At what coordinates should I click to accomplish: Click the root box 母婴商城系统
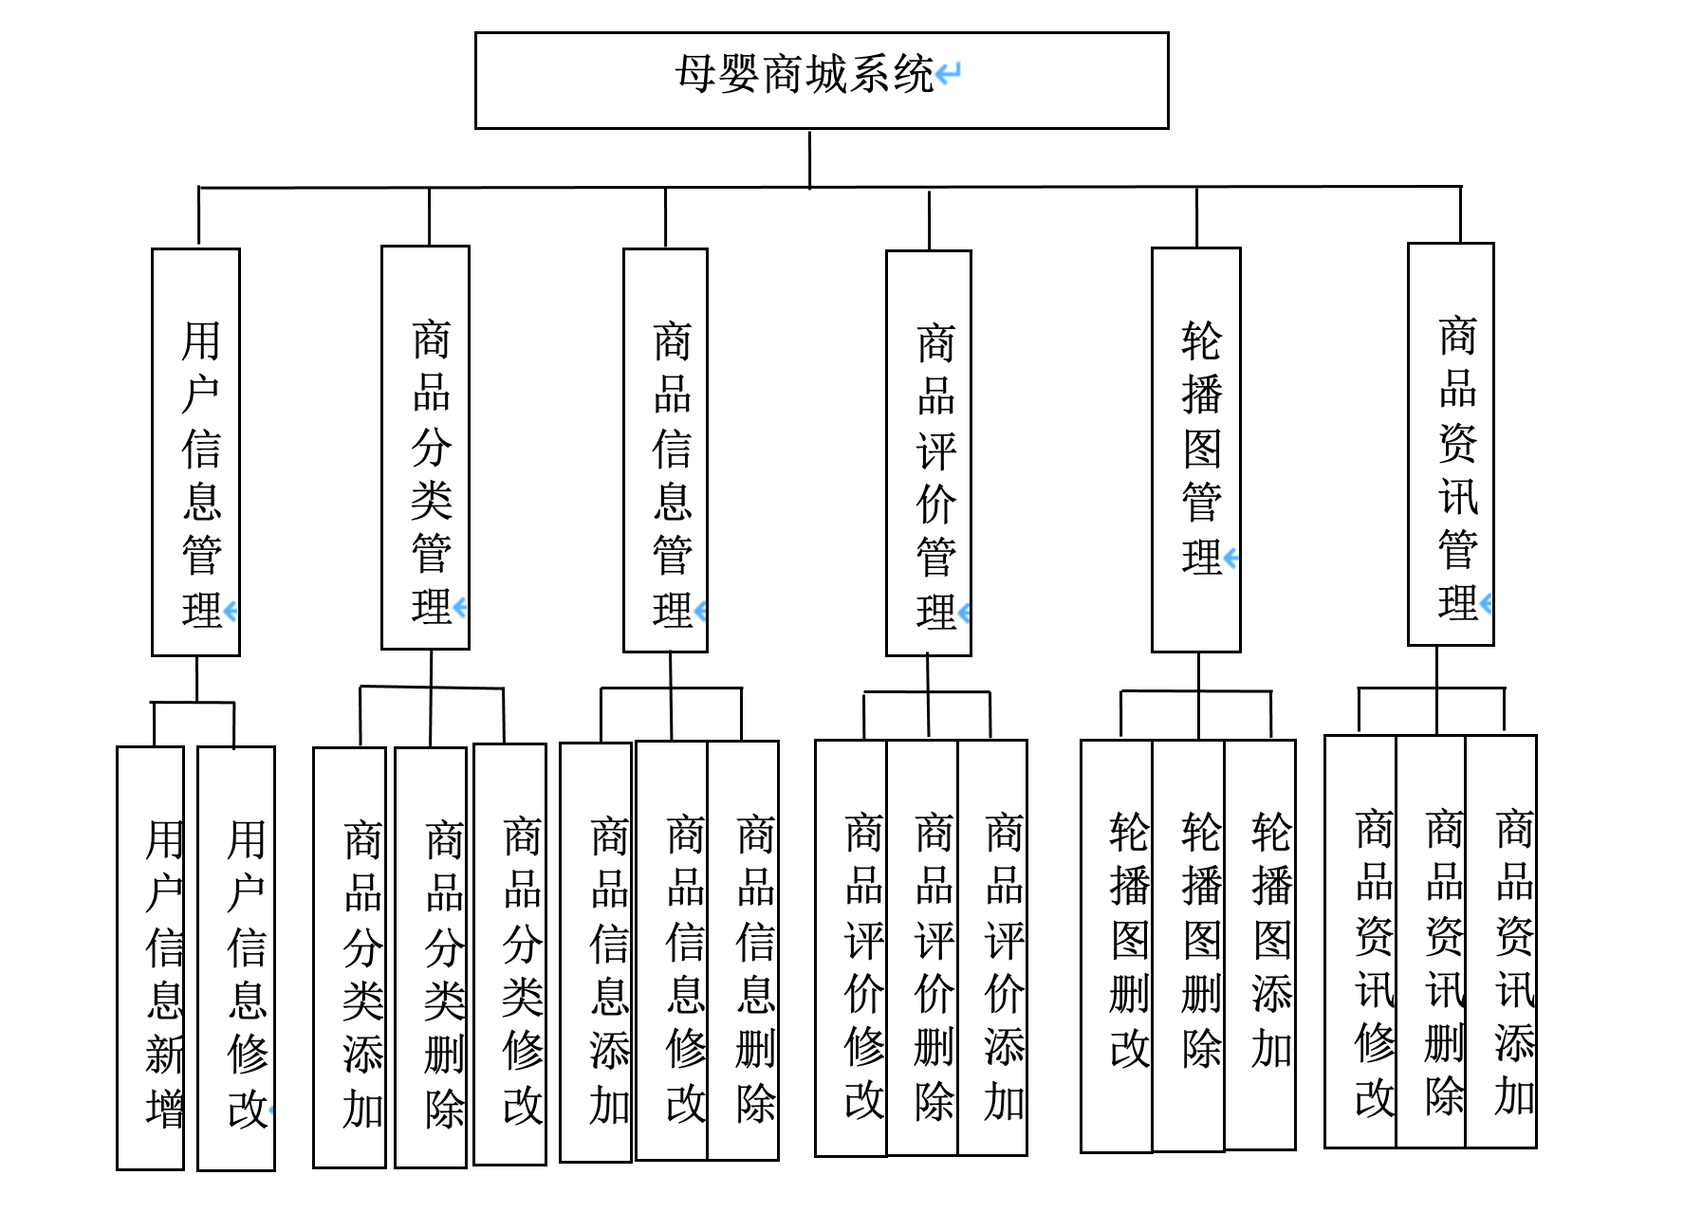tap(822, 81)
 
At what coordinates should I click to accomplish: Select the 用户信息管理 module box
tap(196, 452)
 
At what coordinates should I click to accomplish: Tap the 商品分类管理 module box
tap(425, 448)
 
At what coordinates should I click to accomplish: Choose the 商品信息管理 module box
tap(665, 450)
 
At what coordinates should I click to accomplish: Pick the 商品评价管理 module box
tap(929, 453)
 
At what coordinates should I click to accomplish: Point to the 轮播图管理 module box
tap(1196, 450)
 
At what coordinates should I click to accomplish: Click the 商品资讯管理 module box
tap(1451, 445)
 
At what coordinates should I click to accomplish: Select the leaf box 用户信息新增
tap(150, 958)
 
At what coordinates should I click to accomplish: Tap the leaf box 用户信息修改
tap(236, 958)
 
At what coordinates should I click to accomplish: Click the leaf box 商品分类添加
tap(350, 958)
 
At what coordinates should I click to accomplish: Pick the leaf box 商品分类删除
tap(431, 958)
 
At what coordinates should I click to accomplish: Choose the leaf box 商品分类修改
tap(510, 954)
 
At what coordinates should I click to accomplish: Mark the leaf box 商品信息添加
tap(596, 952)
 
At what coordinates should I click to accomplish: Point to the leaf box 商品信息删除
tap(744, 950)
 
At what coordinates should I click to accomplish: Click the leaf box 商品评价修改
tap(851, 948)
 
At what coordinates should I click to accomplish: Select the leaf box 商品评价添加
tap(993, 947)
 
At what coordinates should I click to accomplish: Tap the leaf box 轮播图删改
tap(1117, 946)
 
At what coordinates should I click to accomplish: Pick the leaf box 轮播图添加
tap(1260, 945)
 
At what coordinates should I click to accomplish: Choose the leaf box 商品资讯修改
tap(1360, 942)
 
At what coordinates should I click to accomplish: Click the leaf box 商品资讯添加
tap(1502, 942)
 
